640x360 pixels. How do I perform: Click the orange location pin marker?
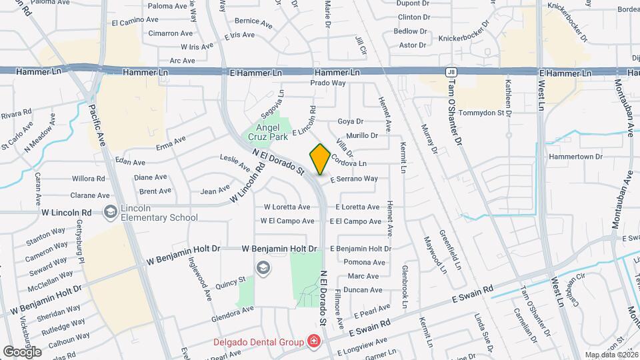point(320,159)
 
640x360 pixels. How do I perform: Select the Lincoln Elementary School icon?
point(110,212)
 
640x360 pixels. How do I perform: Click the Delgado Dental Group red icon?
point(313,342)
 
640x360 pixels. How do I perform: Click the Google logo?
point(22,351)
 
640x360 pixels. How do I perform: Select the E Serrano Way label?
point(354,179)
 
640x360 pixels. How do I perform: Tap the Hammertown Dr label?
point(575,157)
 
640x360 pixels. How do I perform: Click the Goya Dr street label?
point(350,121)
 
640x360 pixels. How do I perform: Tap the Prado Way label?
point(328,83)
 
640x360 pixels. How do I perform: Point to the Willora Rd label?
point(89,178)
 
